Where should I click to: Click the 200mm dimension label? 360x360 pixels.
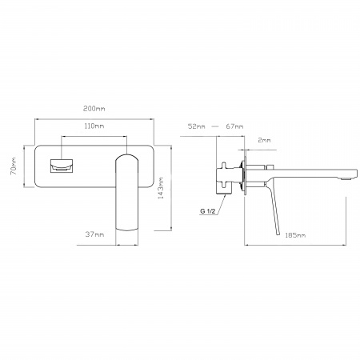pos(94,109)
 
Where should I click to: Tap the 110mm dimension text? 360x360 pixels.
pos(94,126)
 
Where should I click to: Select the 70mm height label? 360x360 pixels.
pos(14,166)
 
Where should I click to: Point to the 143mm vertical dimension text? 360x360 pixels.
pos(161,188)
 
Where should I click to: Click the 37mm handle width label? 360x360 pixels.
pos(94,234)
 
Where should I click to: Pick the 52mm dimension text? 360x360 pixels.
pos(197,126)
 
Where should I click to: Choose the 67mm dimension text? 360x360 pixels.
pos(234,126)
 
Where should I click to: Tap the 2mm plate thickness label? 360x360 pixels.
pos(264,140)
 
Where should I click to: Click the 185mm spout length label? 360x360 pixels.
pos(295,235)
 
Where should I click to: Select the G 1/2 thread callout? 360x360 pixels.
pos(208,211)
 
